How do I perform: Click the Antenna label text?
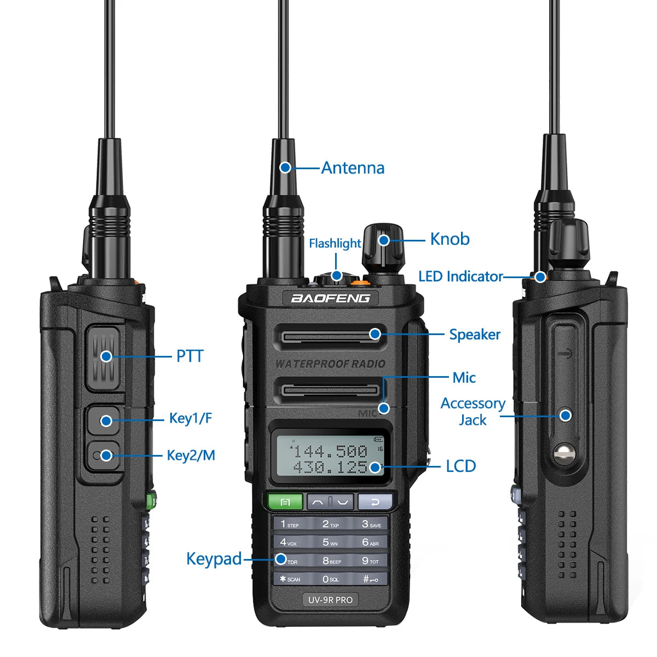pos(353,168)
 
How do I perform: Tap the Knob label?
pos(449,239)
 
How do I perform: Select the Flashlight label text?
pos(335,243)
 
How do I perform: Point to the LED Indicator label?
pos(460,276)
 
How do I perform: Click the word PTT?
pos(189,356)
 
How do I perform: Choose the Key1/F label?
pos(190,419)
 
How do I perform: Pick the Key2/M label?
pos(191,455)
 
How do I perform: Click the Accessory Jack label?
pos(472,412)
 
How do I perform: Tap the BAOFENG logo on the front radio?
pos(330,298)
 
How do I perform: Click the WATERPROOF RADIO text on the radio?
pos(330,364)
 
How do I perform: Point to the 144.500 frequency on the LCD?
pos(330,451)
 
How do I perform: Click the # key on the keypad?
pos(370,579)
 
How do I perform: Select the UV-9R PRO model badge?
pos(330,600)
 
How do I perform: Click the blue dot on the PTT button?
pos(106,356)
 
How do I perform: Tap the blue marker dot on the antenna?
pos(285,167)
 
